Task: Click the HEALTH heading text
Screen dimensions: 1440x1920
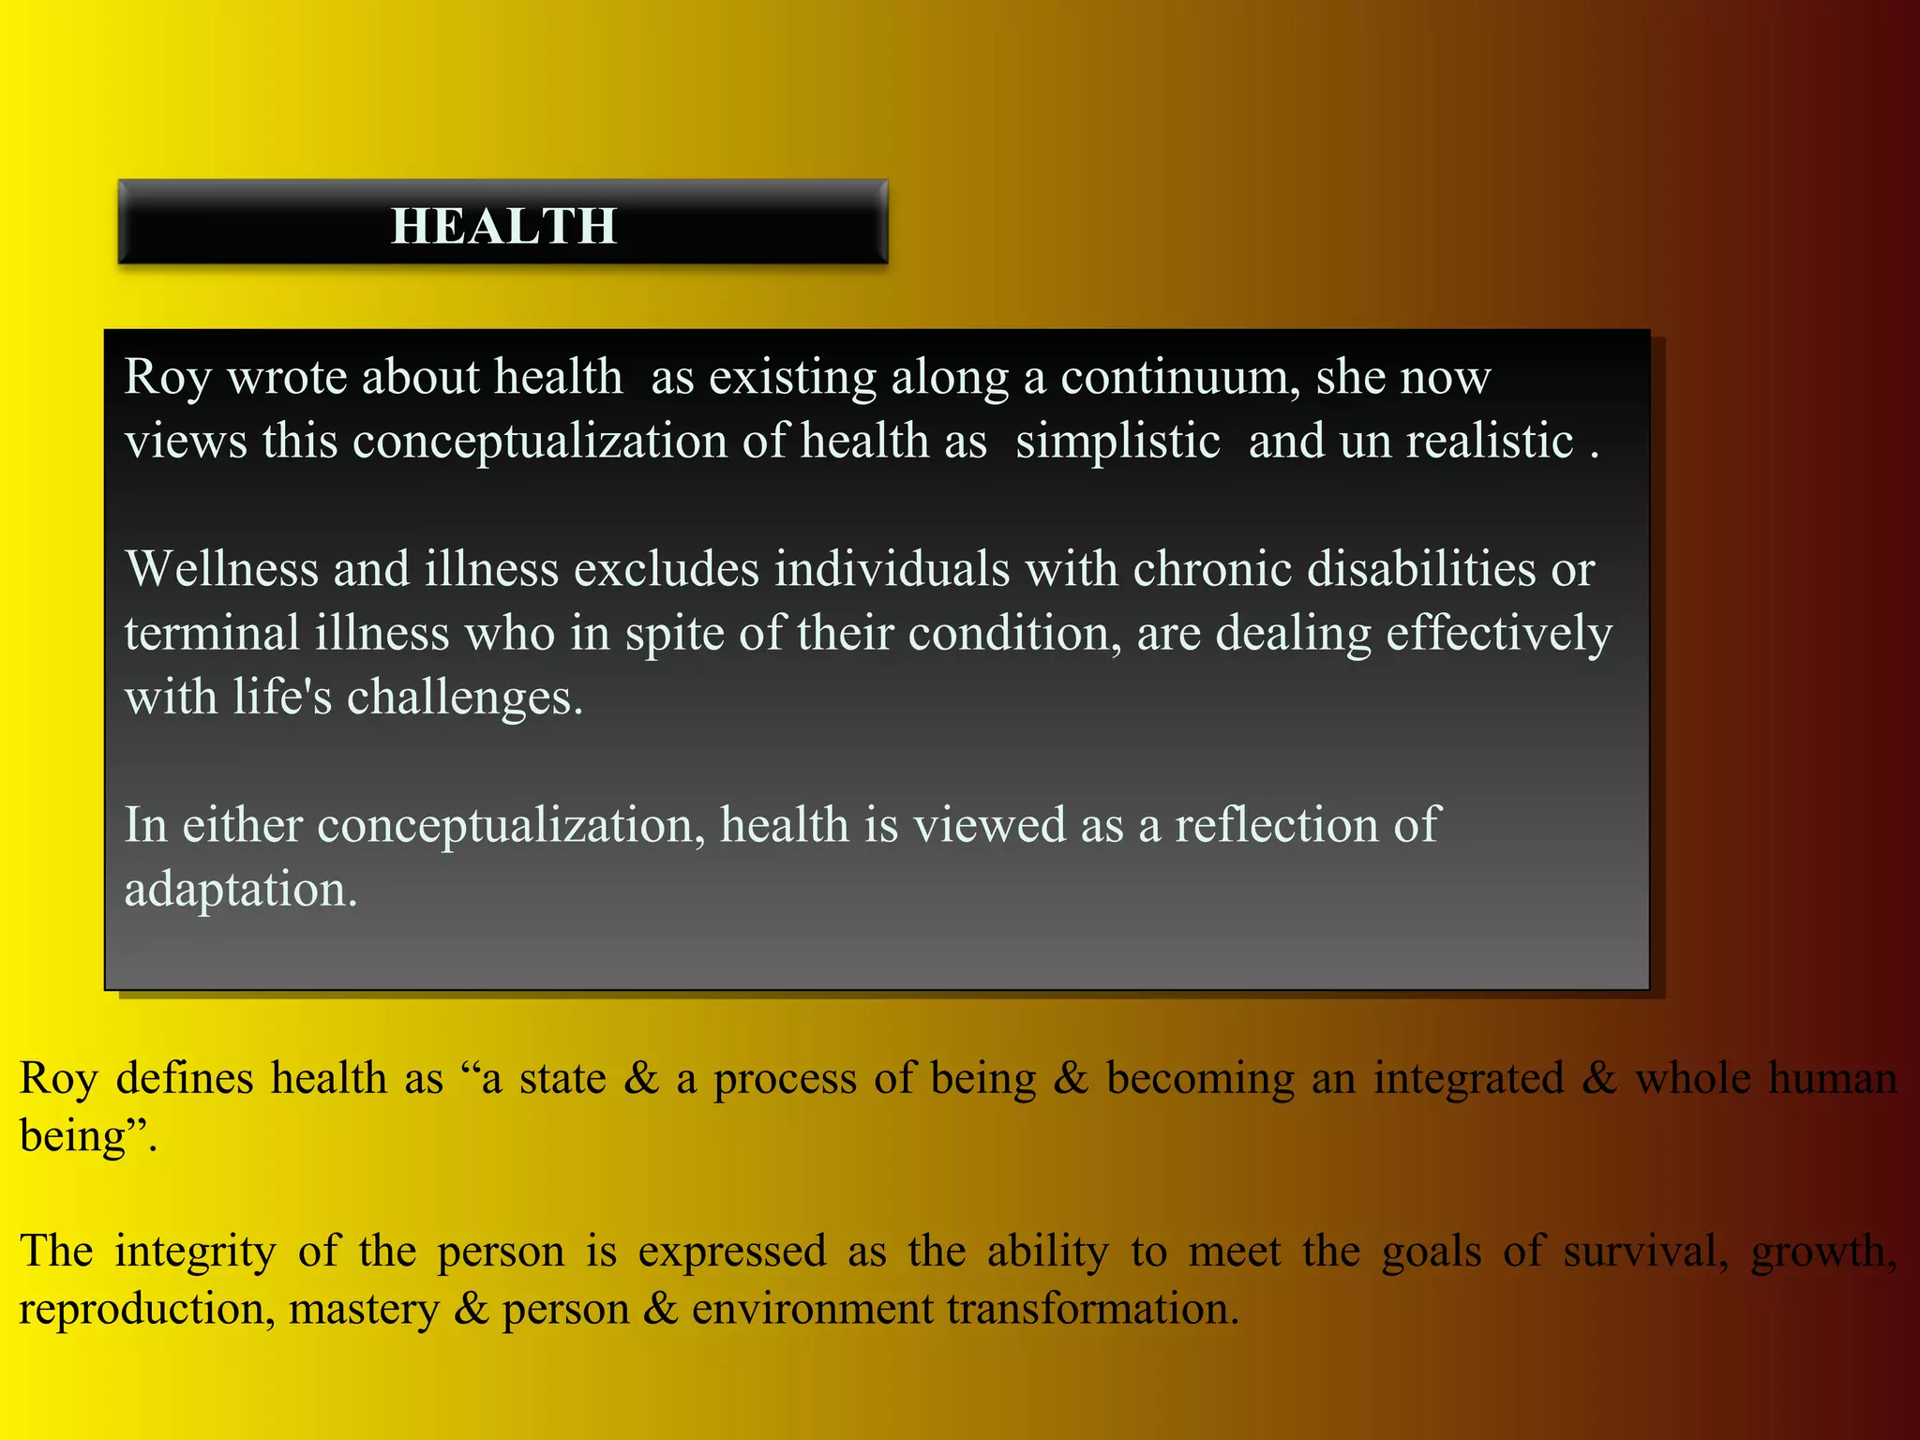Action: tap(503, 226)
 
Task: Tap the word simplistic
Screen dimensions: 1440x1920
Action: tap(1117, 441)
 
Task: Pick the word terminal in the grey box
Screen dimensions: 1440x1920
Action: tap(212, 633)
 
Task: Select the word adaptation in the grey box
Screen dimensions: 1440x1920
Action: tap(240, 889)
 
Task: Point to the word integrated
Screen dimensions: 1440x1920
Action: tap(1468, 1078)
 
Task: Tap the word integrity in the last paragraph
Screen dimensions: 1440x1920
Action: tap(195, 1251)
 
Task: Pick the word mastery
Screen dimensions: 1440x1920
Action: tap(364, 1309)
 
